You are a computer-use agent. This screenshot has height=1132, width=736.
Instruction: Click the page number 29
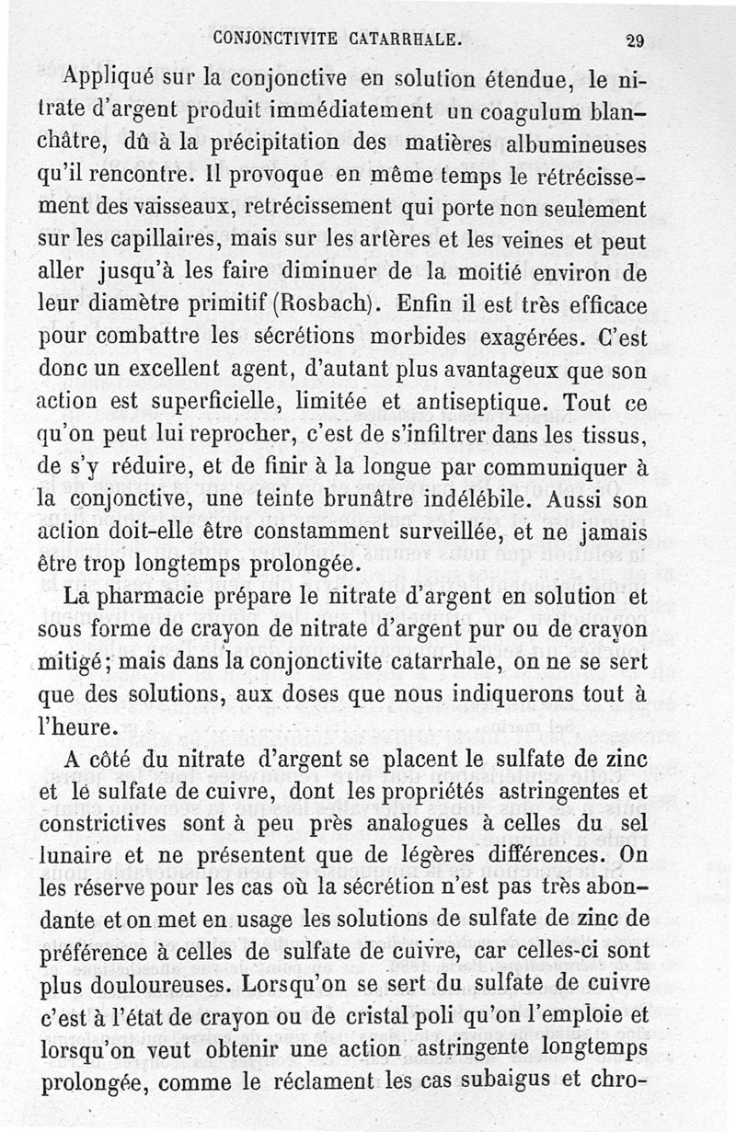point(634,39)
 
